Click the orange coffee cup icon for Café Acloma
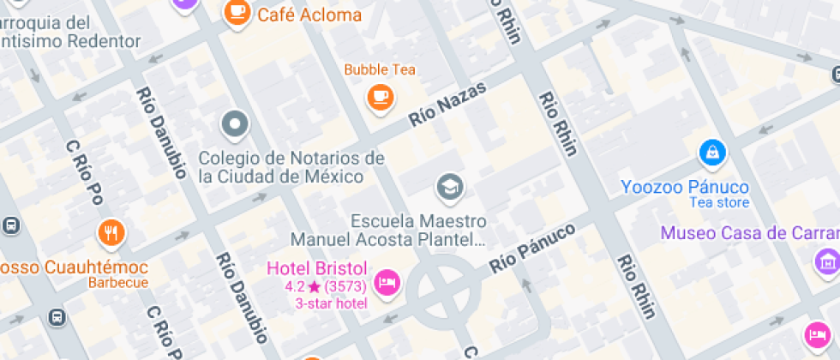pos(237,12)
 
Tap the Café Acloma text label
pos(309,15)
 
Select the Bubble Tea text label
pos(380,69)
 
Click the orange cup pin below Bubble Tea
pos(380,95)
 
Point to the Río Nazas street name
pos(447,105)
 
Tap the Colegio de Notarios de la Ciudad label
pos(291,167)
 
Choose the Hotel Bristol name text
pos(317,268)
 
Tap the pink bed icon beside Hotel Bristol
pos(388,282)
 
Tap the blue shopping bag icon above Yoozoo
pos(711,153)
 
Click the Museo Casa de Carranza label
pos(749,233)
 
